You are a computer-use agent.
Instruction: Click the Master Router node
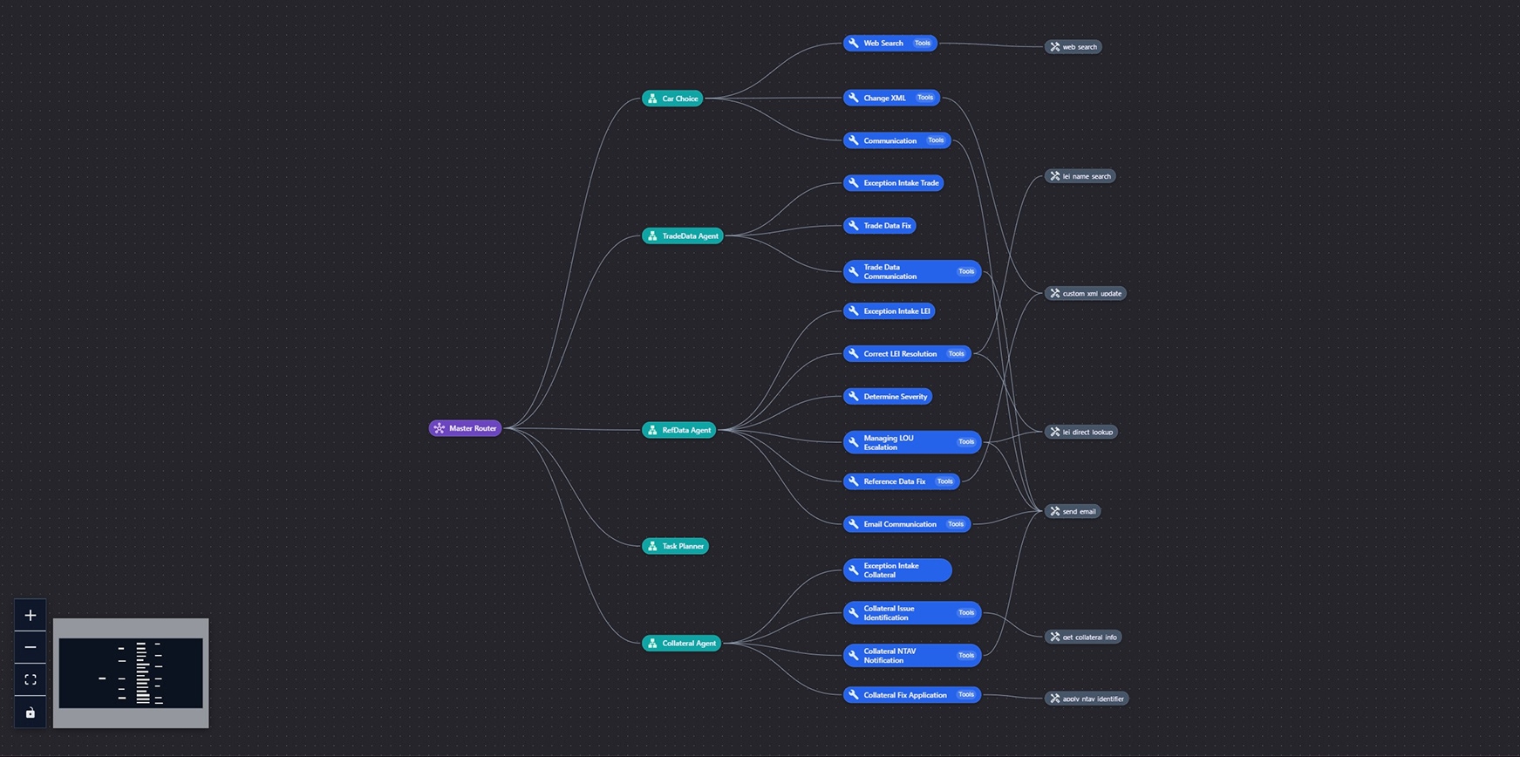[x=465, y=428]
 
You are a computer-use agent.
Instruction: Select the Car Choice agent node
[x=672, y=99]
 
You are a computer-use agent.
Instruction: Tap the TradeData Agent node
[x=682, y=235]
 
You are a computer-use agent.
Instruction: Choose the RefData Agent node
[x=678, y=430]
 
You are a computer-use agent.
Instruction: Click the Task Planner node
[x=675, y=546]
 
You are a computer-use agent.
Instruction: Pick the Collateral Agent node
[x=681, y=643]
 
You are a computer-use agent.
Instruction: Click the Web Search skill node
[x=883, y=43]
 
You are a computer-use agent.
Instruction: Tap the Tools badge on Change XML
[x=925, y=98]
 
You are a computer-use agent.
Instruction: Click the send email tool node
[x=1073, y=511]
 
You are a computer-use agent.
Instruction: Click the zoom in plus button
[x=31, y=616]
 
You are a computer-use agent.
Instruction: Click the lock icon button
[x=31, y=713]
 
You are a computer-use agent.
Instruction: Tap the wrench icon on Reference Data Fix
[x=854, y=481]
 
